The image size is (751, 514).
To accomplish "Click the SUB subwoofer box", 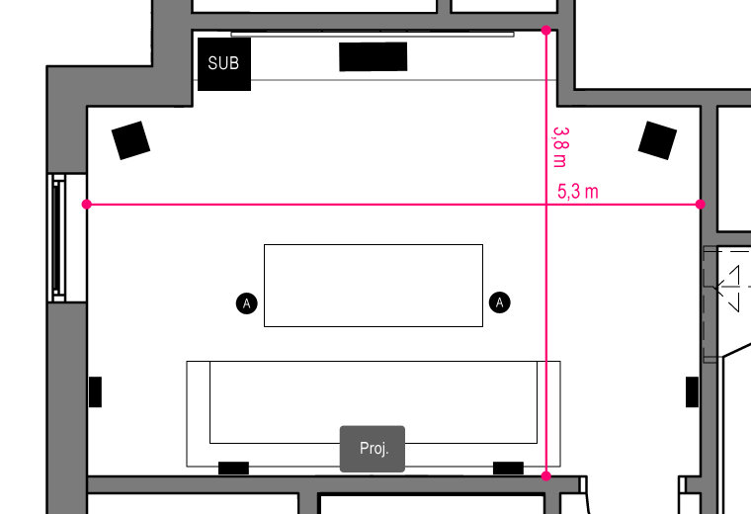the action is click(x=224, y=64).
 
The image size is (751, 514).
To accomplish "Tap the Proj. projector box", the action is click(x=373, y=449).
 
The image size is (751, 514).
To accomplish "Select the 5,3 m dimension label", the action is click(x=578, y=192).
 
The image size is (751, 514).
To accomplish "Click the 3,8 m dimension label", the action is click(x=560, y=147).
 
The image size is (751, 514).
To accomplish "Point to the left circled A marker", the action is click(x=247, y=303).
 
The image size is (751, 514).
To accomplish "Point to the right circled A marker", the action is click(x=500, y=302).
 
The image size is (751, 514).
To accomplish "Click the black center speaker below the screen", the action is click(x=374, y=56).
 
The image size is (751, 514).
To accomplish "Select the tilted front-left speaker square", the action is click(x=130, y=140).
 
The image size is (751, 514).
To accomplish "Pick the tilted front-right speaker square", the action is click(x=657, y=140).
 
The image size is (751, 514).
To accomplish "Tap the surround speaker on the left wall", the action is click(x=95, y=391).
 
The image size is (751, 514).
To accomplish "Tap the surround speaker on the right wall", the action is click(x=692, y=391).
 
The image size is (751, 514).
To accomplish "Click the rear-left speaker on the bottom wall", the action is click(x=234, y=468).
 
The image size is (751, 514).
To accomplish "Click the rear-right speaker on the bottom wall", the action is click(x=508, y=468).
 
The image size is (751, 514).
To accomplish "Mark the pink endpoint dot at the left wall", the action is click(x=87, y=205).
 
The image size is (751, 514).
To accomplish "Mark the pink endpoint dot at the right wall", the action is click(x=701, y=205).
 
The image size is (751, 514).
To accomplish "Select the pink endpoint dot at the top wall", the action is click(x=546, y=31).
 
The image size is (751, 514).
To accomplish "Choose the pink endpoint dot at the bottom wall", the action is click(x=546, y=475).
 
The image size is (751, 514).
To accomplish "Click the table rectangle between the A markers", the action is click(x=374, y=286).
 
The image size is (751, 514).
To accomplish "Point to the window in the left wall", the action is click(x=58, y=238).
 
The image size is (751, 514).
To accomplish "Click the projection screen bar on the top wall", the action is click(x=373, y=35).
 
